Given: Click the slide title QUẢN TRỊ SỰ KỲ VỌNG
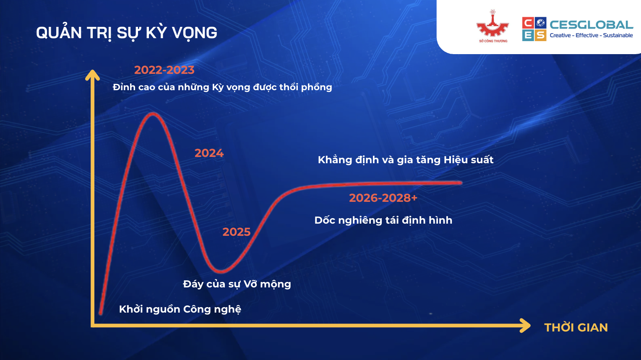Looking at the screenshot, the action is (127, 33).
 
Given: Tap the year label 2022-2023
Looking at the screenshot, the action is (164, 70).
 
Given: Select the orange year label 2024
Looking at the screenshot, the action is (209, 153).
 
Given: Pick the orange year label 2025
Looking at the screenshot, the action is (236, 232).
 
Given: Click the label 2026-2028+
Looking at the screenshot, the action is (383, 198).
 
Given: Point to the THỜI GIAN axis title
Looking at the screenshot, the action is (576, 328).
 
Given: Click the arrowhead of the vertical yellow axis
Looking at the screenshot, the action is (92, 74).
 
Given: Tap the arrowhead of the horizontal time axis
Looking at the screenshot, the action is (525, 326).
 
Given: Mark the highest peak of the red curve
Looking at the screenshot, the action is (153, 114).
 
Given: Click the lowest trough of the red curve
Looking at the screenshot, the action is (221, 271).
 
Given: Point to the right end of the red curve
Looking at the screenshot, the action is (461, 183).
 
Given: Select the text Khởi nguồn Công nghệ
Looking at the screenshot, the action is (180, 309).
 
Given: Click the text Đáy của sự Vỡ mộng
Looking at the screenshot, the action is (237, 284).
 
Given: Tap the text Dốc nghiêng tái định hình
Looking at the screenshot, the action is (383, 220).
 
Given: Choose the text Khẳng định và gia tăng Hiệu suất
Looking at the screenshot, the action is (406, 160).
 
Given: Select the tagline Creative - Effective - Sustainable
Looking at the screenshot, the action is (591, 36).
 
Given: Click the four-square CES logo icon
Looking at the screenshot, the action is (534, 29).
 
